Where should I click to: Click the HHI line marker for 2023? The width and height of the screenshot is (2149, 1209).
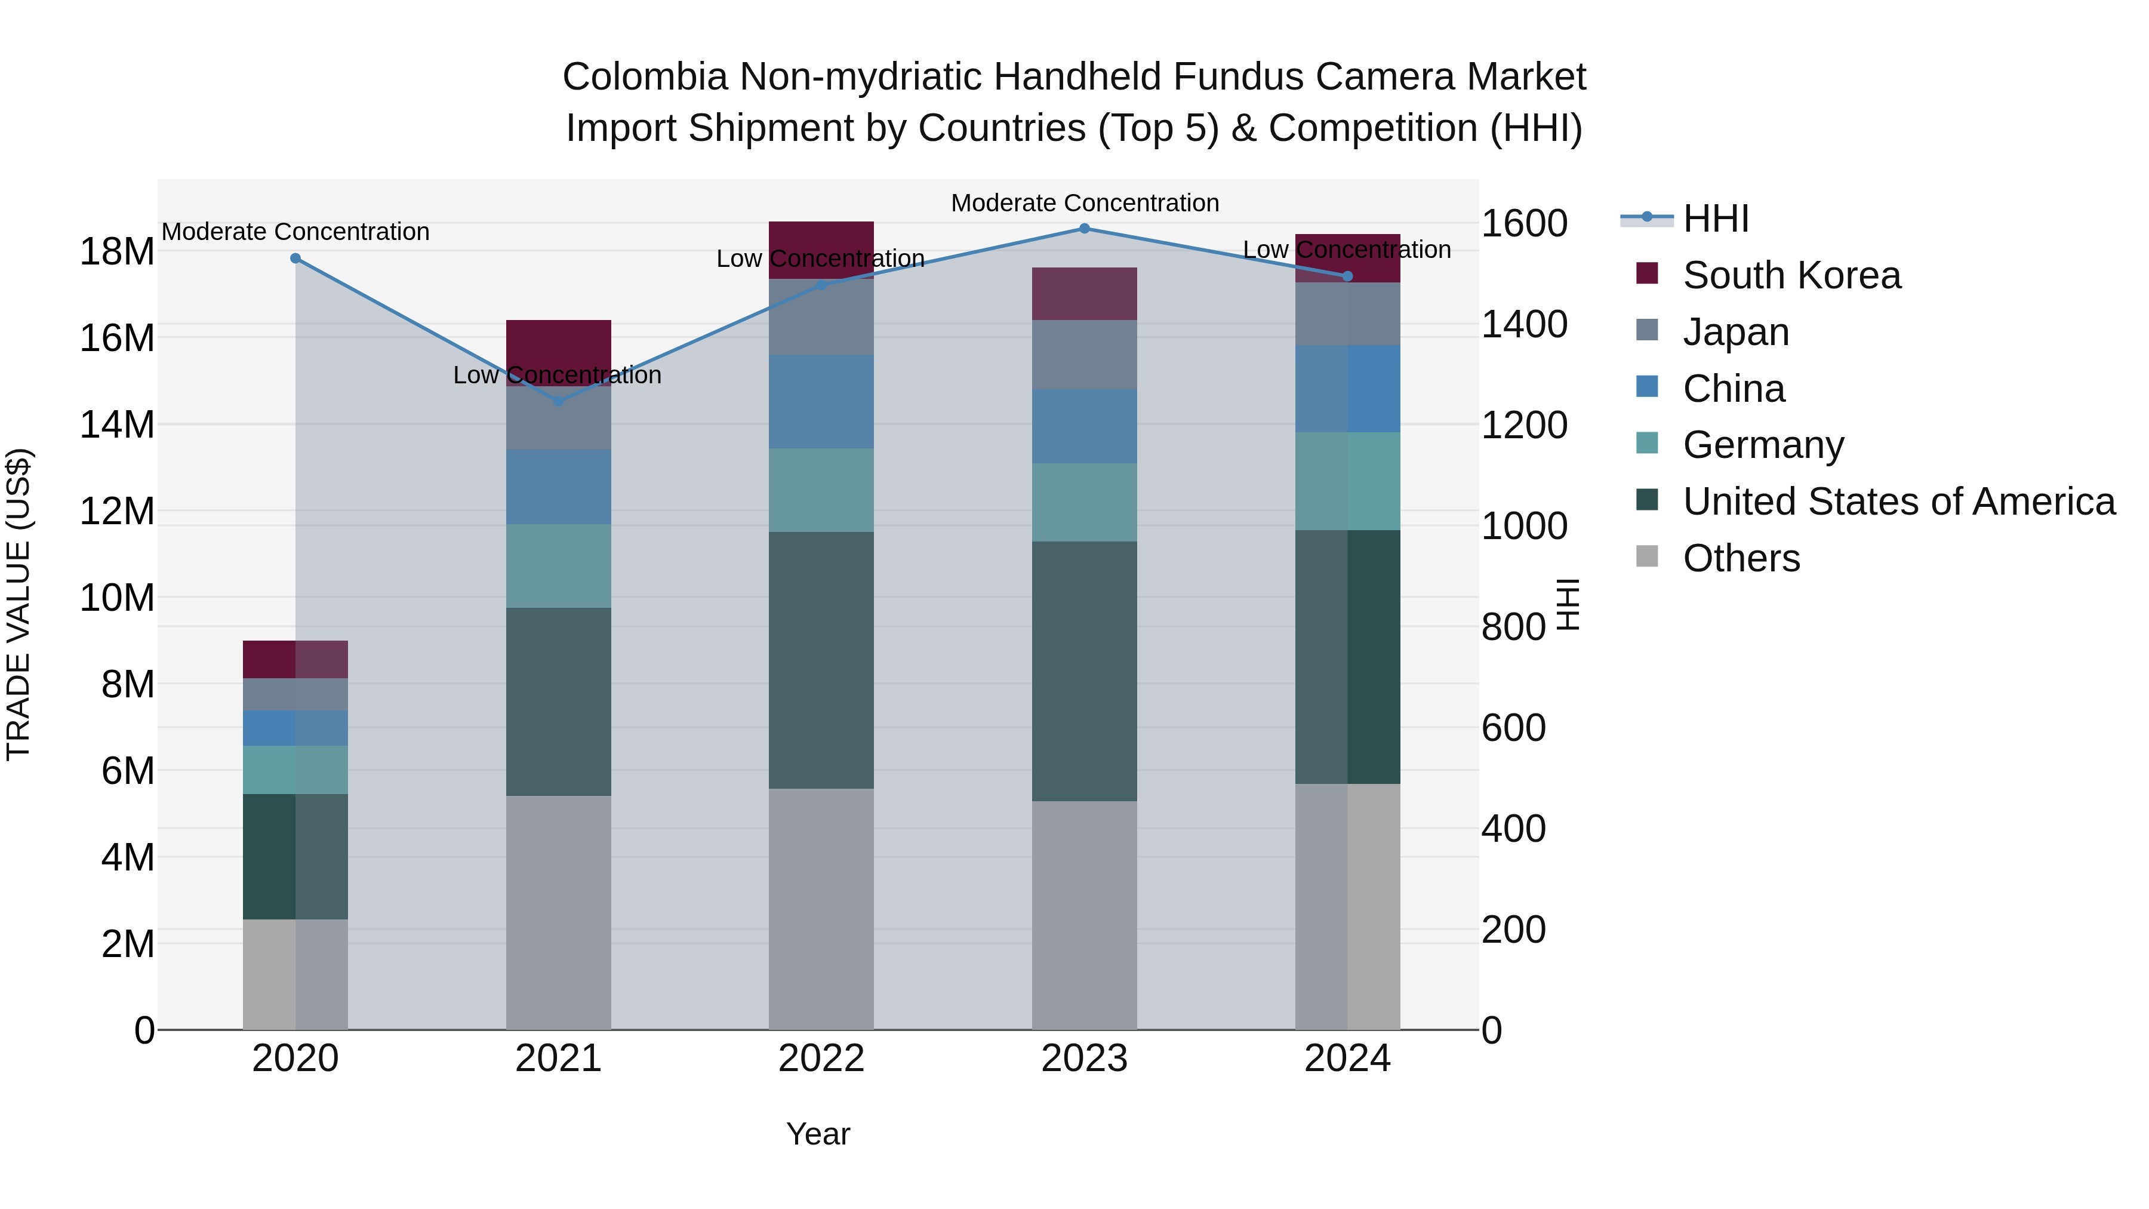(x=1085, y=229)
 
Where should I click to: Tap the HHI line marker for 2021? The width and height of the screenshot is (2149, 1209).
(x=558, y=401)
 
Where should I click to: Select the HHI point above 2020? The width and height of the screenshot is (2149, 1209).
(x=295, y=259)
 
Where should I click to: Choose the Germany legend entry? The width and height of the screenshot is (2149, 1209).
(x=1763, y=445)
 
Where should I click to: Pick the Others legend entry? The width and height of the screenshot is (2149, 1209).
(x=1741, y=558)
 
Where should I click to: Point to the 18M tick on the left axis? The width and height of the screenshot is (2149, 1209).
(x=117, y=252)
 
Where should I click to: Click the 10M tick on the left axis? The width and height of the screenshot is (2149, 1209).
(x=117, y=598)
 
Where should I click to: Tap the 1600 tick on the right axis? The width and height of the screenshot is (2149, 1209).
(x=1524, y=224)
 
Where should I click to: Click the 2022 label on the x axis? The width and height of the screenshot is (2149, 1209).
(x=821, y=1059)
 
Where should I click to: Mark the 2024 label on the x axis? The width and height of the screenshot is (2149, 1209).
(x=1347, y=1059)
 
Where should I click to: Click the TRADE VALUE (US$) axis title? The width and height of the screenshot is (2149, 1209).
(x=19, y=604)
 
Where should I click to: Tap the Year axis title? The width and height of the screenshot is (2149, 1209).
(x=818, y=1135)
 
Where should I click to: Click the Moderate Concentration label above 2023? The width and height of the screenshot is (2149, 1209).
(x=1085, y=204)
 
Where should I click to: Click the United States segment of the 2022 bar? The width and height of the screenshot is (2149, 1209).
(x=821, y=660)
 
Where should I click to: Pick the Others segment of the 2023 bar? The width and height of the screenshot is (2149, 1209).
(x=1085, y=915)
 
